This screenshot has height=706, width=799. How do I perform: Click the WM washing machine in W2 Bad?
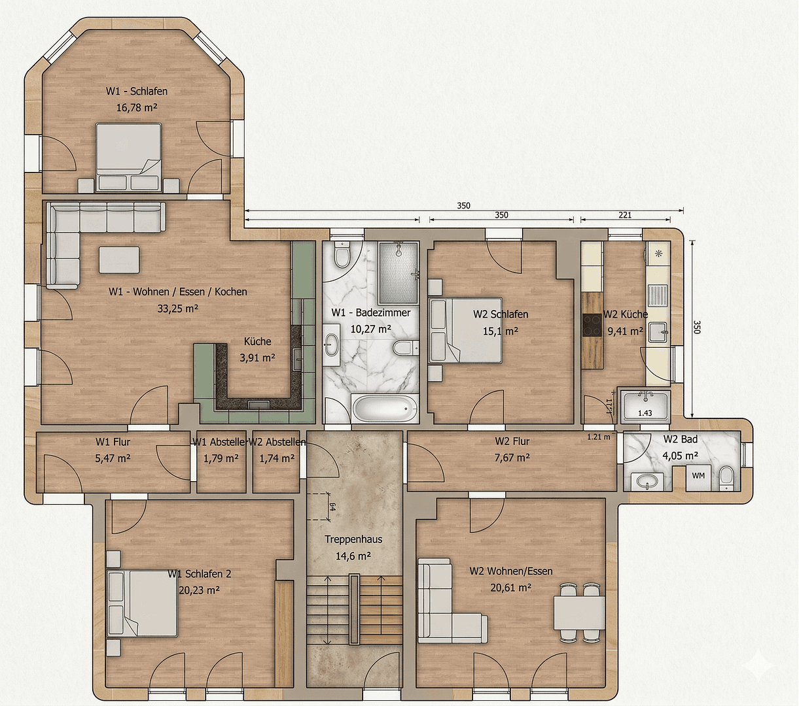pyautogui.click(x=698, y=476)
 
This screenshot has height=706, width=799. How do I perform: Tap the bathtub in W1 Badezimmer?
pyautogui.click(x=385, y=409)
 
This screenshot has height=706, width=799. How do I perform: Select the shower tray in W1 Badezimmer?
pyautogui.click(x=398, y=263)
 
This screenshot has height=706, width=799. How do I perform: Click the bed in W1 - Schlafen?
pyautogui.click(x=128, y=158)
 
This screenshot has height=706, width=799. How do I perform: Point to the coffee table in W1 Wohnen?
pyautogui.click(x=119, y=260)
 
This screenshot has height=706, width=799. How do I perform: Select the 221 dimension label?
pyautogui.click(x=625, y=215)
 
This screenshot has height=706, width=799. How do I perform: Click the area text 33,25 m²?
pyautogui.click(x=178, y=309)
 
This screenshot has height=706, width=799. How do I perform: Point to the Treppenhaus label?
pyautogui.click(x=353, y=539)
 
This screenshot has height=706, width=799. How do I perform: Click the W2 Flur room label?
pyautogui.click(x=512, y=441)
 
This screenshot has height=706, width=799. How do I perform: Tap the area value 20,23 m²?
pyautogui.click(x=199, y=590)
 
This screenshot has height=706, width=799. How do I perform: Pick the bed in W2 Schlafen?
pyautogui.click(x=465, y=330)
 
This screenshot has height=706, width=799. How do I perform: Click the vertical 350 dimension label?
pyautogui.click(x=696, y=327)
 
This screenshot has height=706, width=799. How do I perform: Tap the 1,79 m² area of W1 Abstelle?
pyautogui.click(x=221, y=458)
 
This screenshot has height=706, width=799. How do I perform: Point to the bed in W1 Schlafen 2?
pyautogui.click(x=143, y=603)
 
